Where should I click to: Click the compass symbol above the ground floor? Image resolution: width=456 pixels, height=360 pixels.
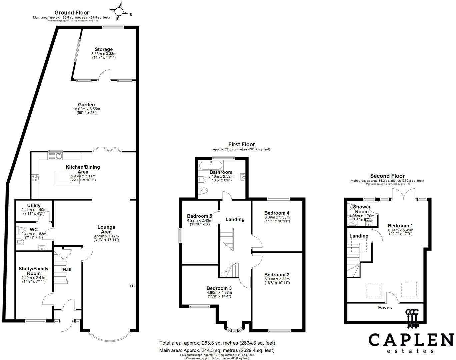(x=119, y=11)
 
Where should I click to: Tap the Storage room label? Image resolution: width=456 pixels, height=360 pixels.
(x=104, y=49)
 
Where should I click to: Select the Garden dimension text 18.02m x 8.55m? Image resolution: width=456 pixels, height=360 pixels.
(x=86, y=109)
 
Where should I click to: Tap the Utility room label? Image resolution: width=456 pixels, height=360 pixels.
(x=34, y=205)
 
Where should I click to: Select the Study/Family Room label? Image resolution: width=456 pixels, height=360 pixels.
(x=33, y=271)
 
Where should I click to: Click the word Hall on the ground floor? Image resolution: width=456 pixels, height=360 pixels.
(x=67, y=269)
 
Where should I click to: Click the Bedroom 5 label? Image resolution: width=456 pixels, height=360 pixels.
(x=199, y=216)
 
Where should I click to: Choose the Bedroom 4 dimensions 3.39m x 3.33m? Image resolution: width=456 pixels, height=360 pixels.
(x=277, y=217)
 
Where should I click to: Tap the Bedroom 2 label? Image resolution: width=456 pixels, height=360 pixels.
(x=277, y=275)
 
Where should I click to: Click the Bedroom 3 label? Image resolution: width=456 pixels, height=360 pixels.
(x=219, y=288)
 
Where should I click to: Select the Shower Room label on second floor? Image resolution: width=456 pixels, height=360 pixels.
(x=362, y=209)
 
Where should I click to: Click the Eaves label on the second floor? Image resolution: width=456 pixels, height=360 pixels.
(x=385, y=307)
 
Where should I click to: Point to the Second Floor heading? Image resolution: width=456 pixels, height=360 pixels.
(x=387, y=176)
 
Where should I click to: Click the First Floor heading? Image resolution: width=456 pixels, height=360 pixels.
(x=241, y=144)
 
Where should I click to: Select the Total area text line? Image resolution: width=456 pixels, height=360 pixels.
(x=217, y=343)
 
